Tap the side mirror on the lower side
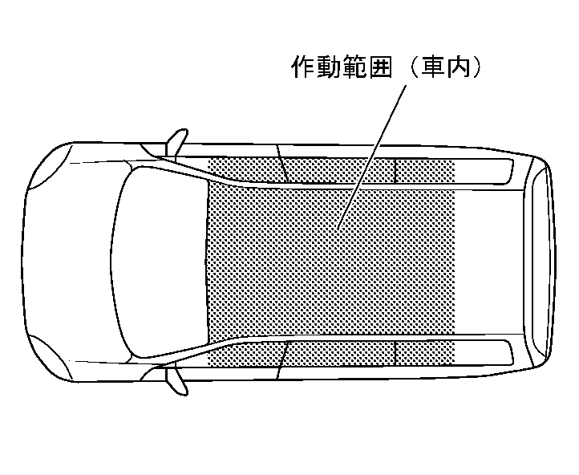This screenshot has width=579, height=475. pyautogui.click(x=177, y=380)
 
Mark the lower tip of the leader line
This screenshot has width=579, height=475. pyautogui.click(x=339, y=229)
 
